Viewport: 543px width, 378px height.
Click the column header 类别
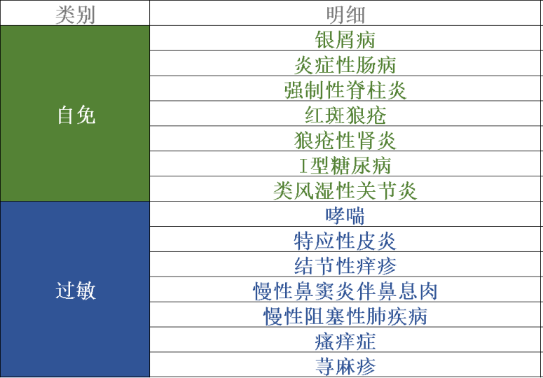pos(75,15)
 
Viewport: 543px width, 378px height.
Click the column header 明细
pos(345,15)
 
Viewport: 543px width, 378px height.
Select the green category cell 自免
pos(75,114)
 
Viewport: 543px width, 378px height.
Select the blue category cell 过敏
pos(75,289)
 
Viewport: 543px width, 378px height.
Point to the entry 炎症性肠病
pos(345,65)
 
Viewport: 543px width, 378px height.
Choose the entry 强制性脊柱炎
pos(345,90)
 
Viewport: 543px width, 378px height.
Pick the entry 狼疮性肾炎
pos(345,141)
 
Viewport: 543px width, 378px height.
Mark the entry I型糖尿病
pos(345,166)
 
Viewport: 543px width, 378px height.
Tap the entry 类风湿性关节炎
pos(345,190)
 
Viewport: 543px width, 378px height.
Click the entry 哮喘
pos(345,216)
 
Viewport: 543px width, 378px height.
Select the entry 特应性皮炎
pos(345,241)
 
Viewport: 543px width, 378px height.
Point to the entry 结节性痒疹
pos(345,266)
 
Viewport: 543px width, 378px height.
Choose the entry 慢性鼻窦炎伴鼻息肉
pos(345,291)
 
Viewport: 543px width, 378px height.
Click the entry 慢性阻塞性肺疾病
pos(345,316)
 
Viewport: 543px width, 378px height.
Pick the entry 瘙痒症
pos(345,342)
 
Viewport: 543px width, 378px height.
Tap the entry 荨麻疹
pos(345,366)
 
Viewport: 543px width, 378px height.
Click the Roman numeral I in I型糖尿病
pos(304,166)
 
